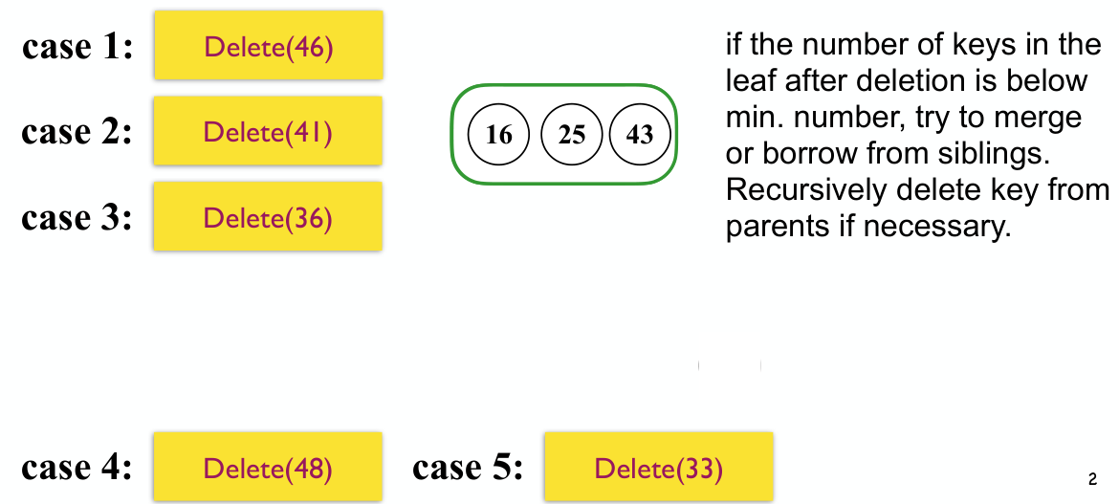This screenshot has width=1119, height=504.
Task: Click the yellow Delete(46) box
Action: point(269,45)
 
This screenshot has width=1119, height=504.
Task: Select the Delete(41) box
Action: point(268,131)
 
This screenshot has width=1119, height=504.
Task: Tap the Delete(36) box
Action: point(268,216)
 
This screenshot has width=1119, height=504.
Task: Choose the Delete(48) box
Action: point(268,466)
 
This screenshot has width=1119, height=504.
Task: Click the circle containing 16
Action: point(499,134)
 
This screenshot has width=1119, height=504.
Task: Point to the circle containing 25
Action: point(572,134)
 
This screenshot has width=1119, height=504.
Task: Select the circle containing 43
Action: point(640,134)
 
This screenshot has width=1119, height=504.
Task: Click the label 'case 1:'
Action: point(77,47)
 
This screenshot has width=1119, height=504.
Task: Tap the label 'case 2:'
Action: point(77,132)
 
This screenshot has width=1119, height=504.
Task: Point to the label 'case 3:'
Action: point(77,218)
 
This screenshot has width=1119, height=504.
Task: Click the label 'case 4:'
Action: point(77,468)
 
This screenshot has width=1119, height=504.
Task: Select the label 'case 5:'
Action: point(468,468)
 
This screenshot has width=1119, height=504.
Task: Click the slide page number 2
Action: point(1092,480)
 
